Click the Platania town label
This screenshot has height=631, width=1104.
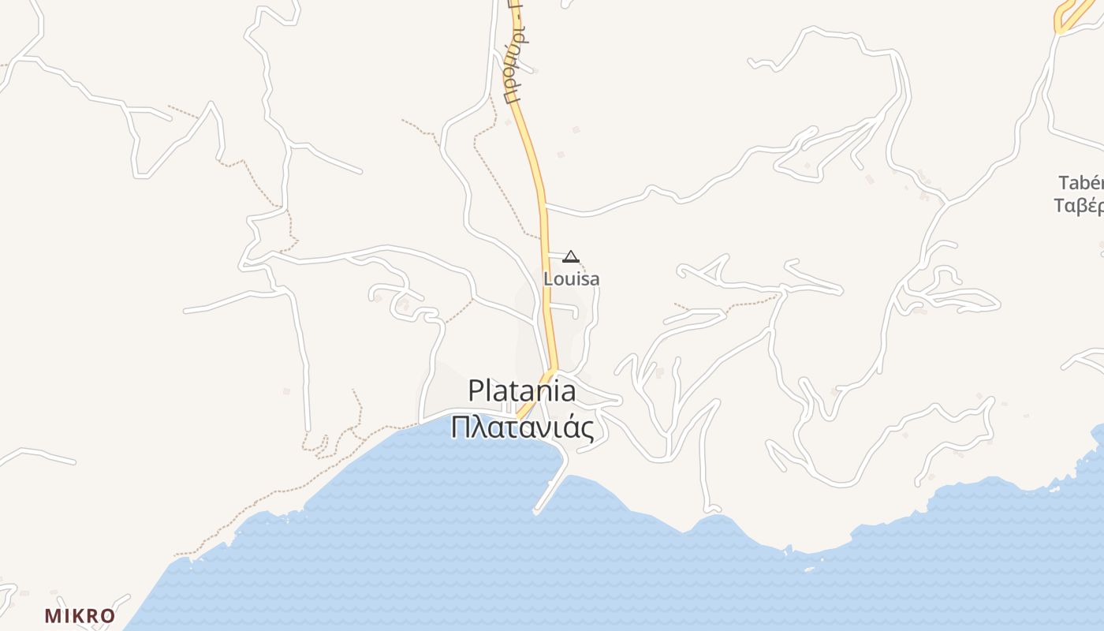point(521,391)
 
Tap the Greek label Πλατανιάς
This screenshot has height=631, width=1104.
point(521,427)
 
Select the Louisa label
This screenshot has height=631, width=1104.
point(571,278)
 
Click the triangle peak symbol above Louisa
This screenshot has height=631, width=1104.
point(571,256)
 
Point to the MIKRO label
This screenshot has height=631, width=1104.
point(80,616)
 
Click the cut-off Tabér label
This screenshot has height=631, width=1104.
point(1080,183)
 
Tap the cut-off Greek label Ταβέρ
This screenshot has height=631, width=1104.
point(1079,206)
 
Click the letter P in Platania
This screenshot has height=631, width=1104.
point(475,391)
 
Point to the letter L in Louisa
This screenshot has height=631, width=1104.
point(547,278)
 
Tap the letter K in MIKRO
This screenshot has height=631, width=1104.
point(80,616)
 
